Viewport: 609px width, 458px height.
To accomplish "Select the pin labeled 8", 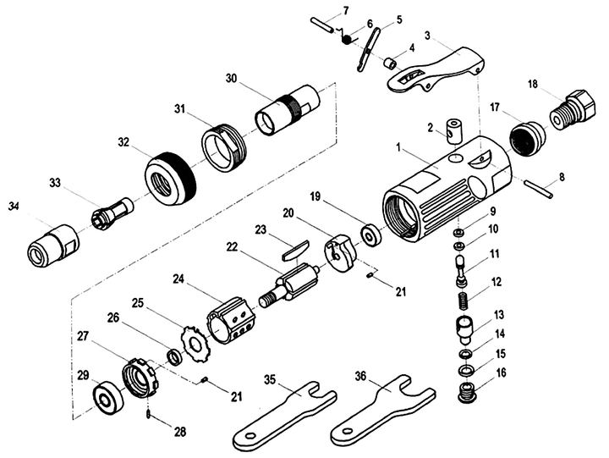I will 539,187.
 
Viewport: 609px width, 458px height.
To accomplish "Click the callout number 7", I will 345,11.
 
